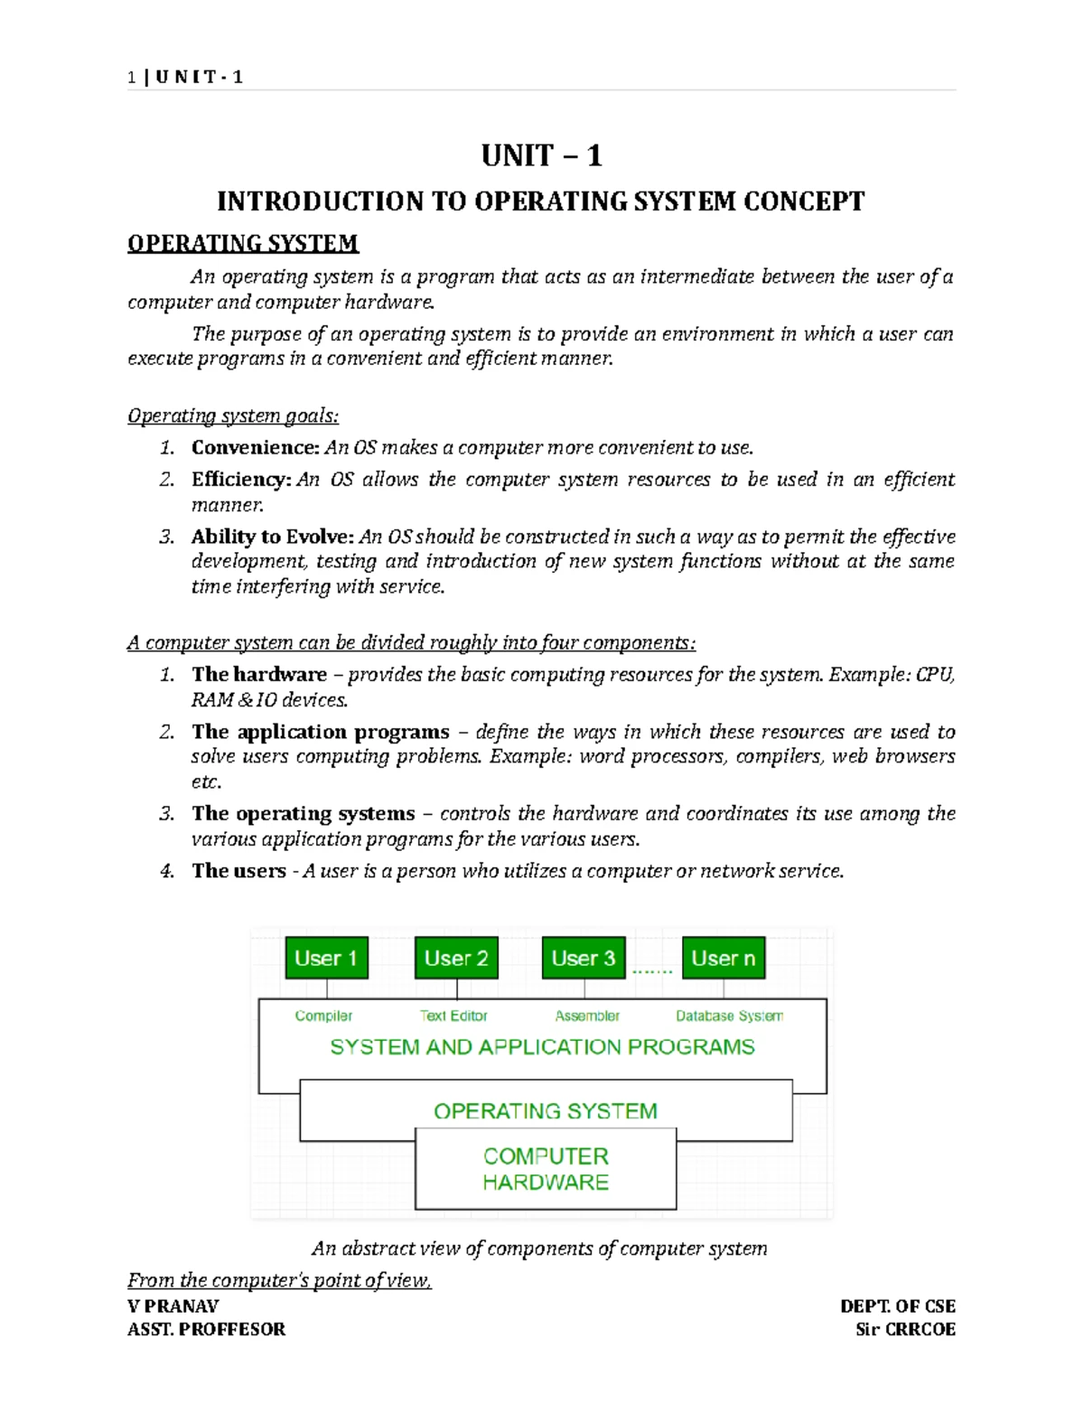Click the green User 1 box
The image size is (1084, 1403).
pos(326,958)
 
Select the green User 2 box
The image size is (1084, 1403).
pos(456,958)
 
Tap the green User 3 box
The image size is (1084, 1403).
pos(584,958)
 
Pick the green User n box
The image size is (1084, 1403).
pos(724,958)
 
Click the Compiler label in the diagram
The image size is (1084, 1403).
pos(323,1015)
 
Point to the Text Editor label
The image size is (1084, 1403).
pos(453,1015)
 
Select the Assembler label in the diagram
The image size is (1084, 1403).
pos(587,1015)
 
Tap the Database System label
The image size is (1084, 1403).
pos(729,1015)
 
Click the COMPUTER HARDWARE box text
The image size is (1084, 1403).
pos(546,1169)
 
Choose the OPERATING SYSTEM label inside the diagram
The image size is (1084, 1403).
pos(546,1111)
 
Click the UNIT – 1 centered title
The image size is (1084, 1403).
pos(541,156)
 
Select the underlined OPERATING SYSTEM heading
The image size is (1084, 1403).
pos(243,243)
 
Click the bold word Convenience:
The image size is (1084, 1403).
pos(256,447)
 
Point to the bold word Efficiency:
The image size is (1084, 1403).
pos(241,479)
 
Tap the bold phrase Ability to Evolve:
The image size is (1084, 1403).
pos(273,537)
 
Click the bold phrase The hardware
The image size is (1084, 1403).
pos(259,674)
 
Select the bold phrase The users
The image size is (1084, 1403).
pos(238,871)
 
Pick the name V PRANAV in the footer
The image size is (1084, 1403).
pos(173,1305)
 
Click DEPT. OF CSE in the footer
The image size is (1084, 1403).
pos(897,1305)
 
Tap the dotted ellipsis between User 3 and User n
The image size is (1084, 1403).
pos(652,971)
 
